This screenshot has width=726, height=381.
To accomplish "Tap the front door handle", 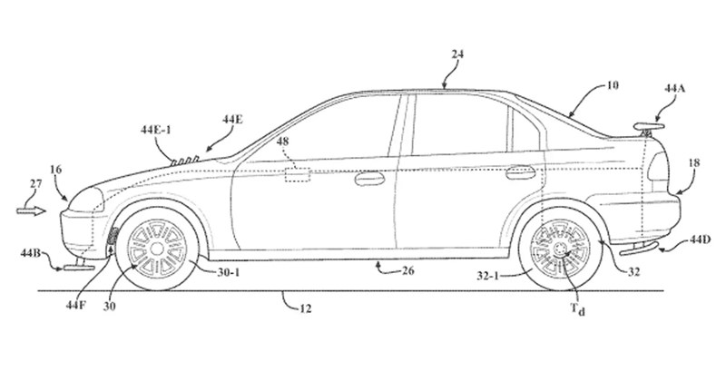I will [x=368, y=178].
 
